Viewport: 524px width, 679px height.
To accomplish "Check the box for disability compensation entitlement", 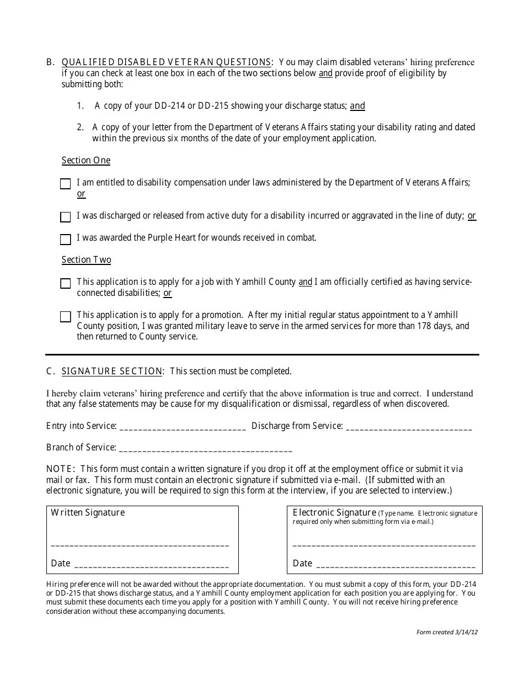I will point(65,184).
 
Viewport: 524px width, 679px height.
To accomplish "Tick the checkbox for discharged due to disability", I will point(65,217).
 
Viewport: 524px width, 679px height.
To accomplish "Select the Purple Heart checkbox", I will point(65,239).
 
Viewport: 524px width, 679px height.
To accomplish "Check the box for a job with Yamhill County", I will point(65,283).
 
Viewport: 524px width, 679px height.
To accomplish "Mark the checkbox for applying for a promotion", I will point(65,316).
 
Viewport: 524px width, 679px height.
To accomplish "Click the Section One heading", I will point(85,161).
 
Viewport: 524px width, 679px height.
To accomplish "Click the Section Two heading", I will point(86,260).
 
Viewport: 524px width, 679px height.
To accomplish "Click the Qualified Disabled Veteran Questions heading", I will point(166,62).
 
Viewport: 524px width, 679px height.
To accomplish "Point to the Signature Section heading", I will point(112,372).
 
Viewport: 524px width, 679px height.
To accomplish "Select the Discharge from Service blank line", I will point(408,427).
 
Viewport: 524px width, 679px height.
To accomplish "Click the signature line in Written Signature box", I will point(140,544).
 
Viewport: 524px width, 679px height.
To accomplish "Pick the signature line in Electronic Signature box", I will point(383,544).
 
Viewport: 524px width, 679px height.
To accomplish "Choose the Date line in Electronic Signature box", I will point(397,565).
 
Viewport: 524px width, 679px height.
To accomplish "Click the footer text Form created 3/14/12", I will point(447,633).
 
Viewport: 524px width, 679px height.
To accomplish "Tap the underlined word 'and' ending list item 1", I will point(357,106).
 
